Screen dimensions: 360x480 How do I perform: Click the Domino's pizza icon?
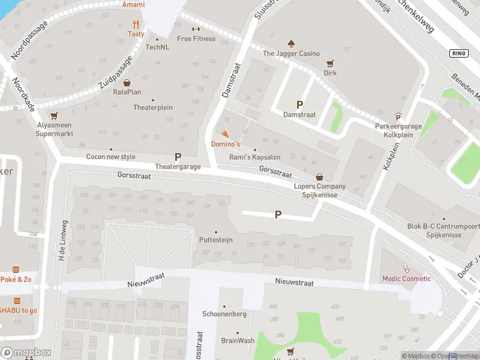225,134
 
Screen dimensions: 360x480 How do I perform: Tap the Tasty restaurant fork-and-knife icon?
136,25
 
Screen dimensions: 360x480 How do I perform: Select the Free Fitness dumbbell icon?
196,29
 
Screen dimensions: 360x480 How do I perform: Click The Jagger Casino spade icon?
291,43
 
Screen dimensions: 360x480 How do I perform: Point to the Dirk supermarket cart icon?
330,63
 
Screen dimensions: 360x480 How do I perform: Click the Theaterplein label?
152,107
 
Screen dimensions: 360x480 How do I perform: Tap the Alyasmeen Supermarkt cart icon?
55,116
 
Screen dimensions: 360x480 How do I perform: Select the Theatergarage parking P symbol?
178,157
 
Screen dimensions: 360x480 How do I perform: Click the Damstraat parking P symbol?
299,104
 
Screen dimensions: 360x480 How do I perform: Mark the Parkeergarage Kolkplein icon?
398,116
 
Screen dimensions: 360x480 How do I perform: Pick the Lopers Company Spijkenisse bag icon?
320,177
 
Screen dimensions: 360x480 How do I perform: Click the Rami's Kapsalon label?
255,157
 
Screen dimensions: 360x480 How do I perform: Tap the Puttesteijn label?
215,239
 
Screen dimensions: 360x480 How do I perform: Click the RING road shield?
458,53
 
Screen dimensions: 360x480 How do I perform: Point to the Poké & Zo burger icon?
16,269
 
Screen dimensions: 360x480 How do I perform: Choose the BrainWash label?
237,340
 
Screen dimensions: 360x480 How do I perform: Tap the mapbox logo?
26,353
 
